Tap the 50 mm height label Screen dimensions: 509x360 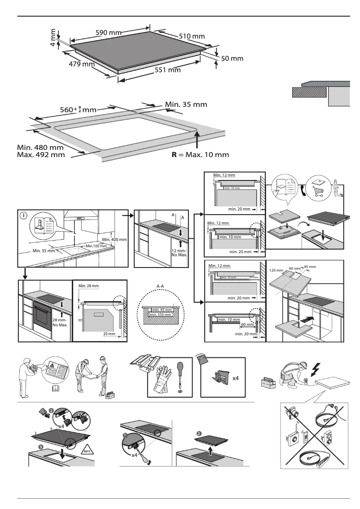[x=233, y=58]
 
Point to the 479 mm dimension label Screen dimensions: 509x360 [x=81, y=64]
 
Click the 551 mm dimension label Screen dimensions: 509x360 [x=167, y=70]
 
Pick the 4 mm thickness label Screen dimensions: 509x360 [x=53, y=37]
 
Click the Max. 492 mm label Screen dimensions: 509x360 [x=41, y=155]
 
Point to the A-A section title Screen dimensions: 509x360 [x=163, y=285]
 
